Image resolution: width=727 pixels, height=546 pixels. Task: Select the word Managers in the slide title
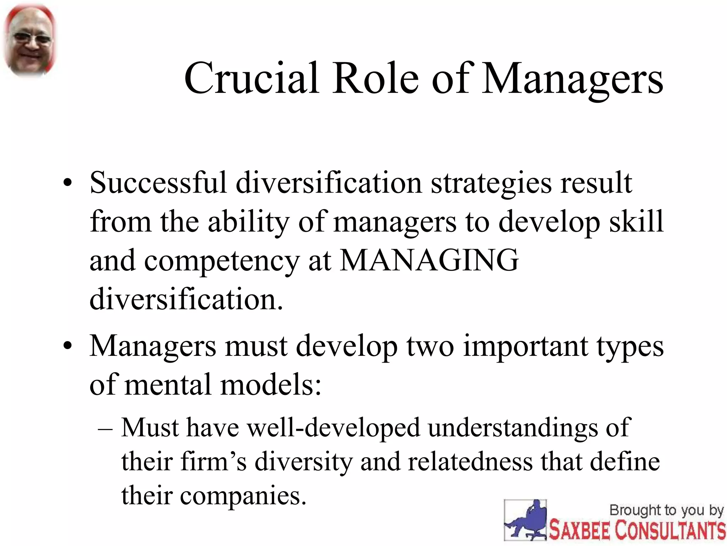click(x=572, y=79)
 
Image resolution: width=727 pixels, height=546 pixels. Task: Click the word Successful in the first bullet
click(x=158, y=183)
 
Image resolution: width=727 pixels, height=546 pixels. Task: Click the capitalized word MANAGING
click(x=429, y=261)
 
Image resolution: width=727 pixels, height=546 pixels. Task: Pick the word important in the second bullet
click(x=525, y=347)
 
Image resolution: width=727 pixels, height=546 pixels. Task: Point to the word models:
click(x=271, y=385)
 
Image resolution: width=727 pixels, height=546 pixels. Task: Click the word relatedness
click(x=470, y=462)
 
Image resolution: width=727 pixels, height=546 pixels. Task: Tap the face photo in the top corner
click(x=30, y=40)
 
